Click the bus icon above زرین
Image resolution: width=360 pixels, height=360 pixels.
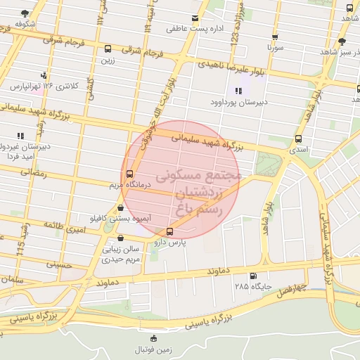click(x=108, y=49)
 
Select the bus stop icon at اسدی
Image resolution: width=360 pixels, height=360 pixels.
click(x=299, y=139)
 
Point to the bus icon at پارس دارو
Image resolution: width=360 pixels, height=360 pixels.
click(x=169, y=231)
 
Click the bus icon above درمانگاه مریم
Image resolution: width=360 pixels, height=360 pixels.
click(x=129, y=174)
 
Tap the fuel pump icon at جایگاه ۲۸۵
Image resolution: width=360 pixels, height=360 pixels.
click(x=253, y=276)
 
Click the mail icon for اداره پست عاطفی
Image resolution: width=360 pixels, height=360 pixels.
click(x=195, y=18)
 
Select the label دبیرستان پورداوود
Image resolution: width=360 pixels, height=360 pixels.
click(x=239, y=102)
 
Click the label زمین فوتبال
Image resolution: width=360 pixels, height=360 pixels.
click(x=154, y=349)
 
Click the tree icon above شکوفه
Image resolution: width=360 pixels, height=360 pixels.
click(x=25, y=13)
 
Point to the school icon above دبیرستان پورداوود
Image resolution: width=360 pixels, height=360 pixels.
click(x=238, y=91)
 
